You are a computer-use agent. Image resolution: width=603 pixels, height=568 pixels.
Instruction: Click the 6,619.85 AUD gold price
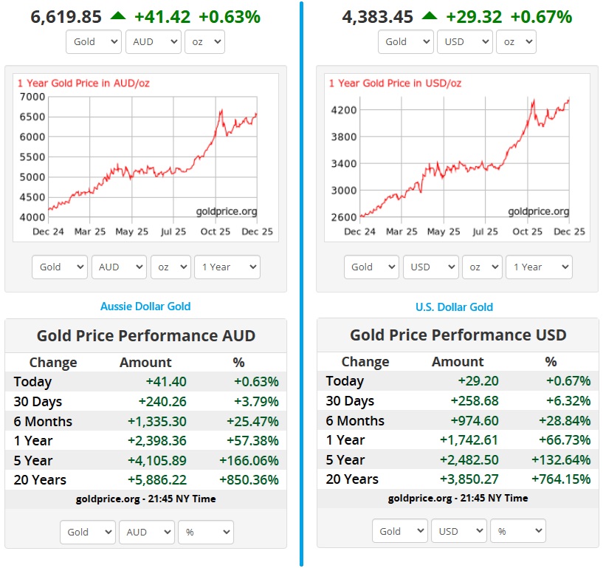click(66, 16)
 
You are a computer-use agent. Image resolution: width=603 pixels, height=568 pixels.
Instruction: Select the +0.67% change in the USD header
click(541, 16)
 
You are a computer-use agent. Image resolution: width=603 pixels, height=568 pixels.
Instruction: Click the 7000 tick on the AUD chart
click(32, 97)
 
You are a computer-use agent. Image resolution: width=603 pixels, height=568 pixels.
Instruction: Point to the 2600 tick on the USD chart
click(345, 216)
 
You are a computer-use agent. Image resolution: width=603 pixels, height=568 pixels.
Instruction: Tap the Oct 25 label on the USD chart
click(527, 232)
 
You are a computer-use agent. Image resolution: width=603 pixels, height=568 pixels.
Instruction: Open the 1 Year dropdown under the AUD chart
click(227, 267)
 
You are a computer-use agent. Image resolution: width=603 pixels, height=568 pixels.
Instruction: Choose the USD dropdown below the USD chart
click(430, 267)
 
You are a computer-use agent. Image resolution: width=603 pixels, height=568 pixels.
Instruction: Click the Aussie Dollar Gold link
click(145, 306)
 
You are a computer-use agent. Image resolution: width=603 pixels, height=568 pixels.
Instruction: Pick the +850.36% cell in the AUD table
click(249, 480)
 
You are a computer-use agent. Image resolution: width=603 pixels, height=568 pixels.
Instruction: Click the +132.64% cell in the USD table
click(561, 459)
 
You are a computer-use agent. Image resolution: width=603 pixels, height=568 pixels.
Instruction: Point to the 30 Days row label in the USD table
click(350, 401)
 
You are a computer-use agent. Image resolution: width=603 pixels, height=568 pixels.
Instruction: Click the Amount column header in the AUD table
click(145, 363)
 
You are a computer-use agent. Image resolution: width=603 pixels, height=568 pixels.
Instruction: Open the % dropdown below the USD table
click(518, 531)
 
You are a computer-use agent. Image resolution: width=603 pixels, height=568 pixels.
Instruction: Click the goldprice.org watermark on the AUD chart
click(227, 212)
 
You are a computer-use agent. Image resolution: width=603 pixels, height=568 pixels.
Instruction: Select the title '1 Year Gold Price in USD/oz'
click(395, 83)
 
